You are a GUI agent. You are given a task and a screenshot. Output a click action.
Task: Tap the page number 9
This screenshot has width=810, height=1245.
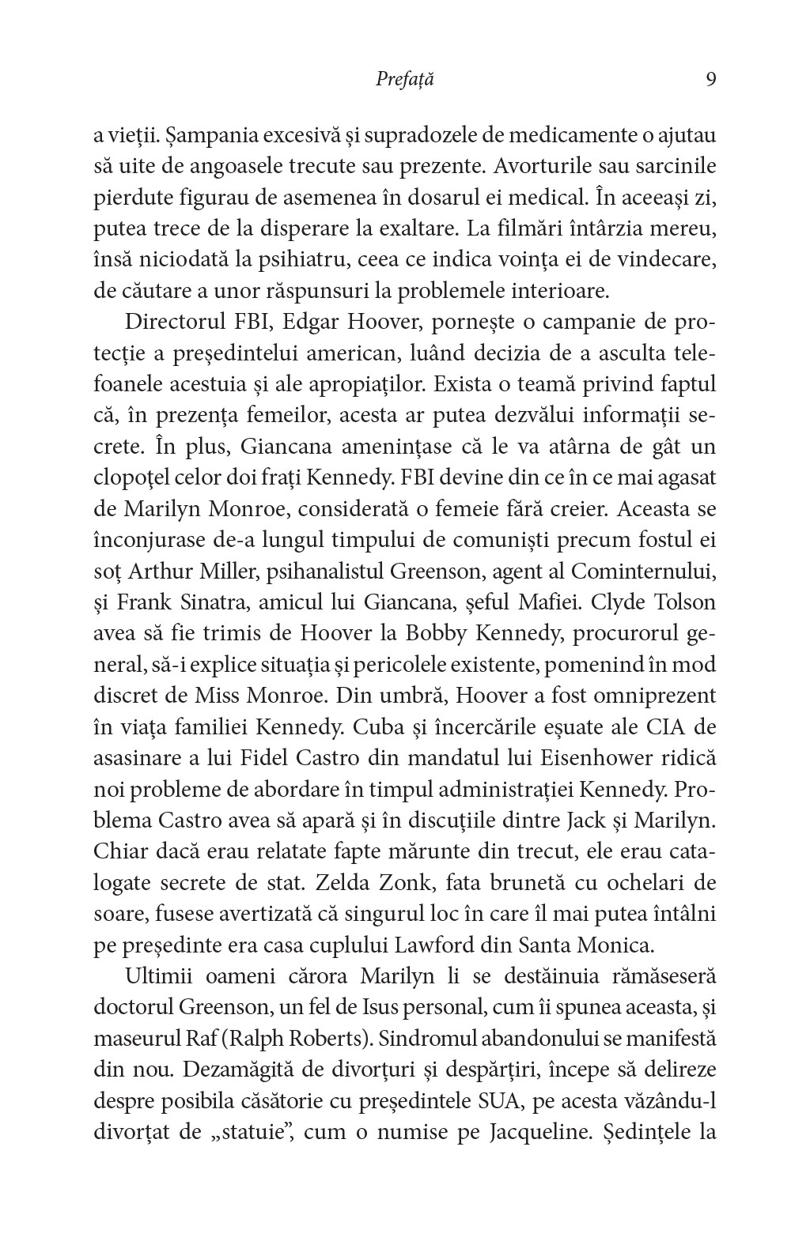[710, 80]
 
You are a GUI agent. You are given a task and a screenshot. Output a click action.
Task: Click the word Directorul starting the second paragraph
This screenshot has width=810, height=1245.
[178, 323]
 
